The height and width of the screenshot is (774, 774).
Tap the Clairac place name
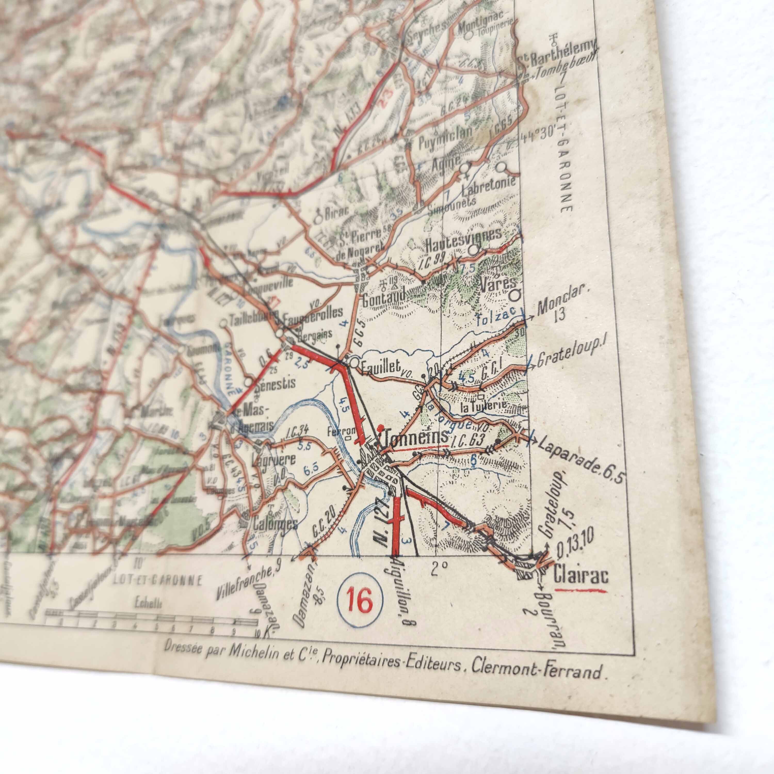[x=581, y=576]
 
